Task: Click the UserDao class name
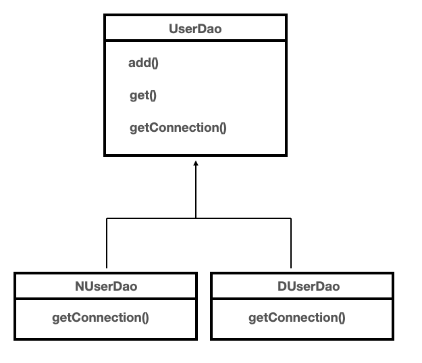(x=194, y=30)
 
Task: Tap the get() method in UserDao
(x=142, y=95)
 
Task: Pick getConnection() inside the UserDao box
(x=178, y=128)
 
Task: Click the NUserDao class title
(x=106, y=287)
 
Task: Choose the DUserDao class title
(x=309, y=287)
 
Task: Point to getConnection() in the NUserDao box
(x=101, y=317)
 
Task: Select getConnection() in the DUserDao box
(x=296, y=317)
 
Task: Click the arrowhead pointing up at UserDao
(x=196, y=164)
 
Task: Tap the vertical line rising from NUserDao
(x=107, y=243)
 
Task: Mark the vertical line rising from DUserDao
(x=291, y=243)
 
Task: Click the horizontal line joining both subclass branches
(x=243, y=218)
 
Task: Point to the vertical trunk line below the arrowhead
(x=196, y=193)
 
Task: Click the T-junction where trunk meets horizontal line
(x=196, y=218)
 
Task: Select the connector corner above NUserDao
(x=107, y=218)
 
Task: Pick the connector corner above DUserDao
(x=291, y=218)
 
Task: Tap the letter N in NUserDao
(x=79, y=287)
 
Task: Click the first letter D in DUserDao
(x=282, y=287)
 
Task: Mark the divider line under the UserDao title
(x=194, y=42)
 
